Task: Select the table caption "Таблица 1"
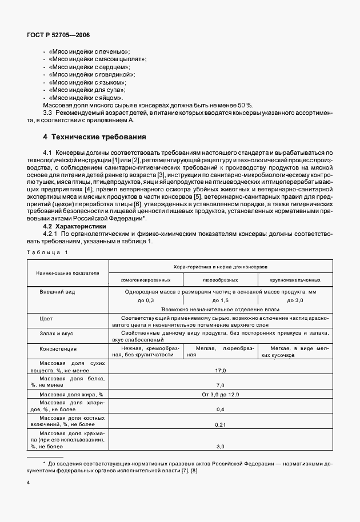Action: coord(47,252)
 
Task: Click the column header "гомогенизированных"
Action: coord(145,280)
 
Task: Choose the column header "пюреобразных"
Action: coord(220,280)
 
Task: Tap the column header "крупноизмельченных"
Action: coord(295,280)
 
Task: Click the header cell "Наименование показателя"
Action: coord(68,273)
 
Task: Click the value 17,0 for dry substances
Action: coord(221,371)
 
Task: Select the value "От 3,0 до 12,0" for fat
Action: coord(221,395)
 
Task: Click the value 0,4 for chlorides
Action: coord(221,409)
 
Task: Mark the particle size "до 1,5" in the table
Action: coord(221,300)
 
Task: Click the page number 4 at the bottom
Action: coord(28,483)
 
